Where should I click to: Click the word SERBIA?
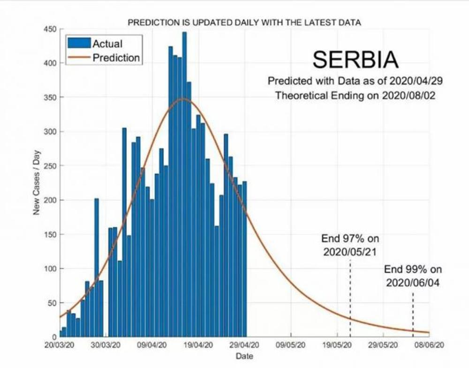(355, 60)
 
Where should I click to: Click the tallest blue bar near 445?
(184, 183)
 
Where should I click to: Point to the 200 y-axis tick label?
(50, 200)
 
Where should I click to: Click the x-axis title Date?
(244, 356)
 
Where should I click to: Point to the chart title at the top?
(244, 22)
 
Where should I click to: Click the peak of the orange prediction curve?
(182, 99)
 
